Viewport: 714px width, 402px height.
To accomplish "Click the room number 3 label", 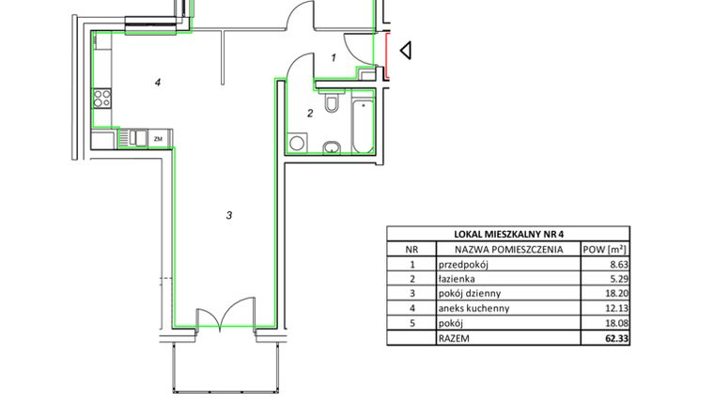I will pyautogui.click(x=228, y=216).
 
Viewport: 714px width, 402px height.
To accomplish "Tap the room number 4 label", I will pyautogui.click(x=159, y=83).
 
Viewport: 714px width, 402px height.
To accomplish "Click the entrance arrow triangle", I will pyautogui.click(x=406, y=51).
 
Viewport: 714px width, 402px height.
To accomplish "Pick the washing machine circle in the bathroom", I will pyautogui.click(x=298, y=144).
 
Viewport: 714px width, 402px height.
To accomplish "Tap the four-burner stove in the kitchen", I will pyautogui.click(x=102, y=98).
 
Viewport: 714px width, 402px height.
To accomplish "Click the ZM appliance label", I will pyautogui.click(x=159, y=139).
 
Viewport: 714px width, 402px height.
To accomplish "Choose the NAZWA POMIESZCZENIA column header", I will pyautogui.click(x=508, y=250).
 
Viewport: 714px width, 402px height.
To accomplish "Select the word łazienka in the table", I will pyautogui.click(x=458, y=279).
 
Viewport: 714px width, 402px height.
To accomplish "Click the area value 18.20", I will pyautogui.click(x=617, y=293).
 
